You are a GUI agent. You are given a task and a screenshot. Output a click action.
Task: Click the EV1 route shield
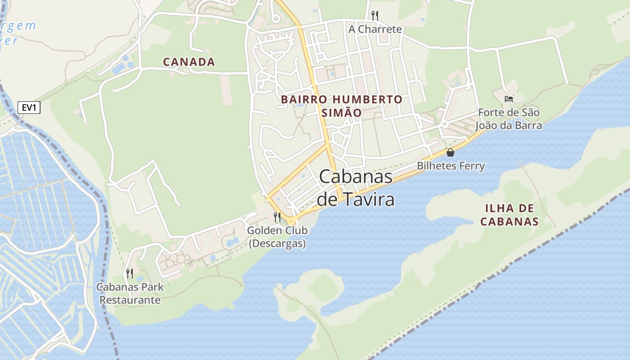pyautogui.click(x=29, y=108)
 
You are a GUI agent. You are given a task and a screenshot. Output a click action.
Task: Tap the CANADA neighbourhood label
pyautogui.click(x=189, y=62)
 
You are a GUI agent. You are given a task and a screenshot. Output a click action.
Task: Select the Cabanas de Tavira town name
pyautogui.click(x=355, y=188)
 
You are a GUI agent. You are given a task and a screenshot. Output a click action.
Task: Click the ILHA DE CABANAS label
pyautogui.click(x=509, y=215)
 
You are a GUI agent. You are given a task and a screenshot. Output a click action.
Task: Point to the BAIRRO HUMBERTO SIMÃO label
pyautogui.click(x=342, y=106)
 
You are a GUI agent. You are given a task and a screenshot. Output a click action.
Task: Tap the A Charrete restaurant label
pyautogui.click(x=375, y=29)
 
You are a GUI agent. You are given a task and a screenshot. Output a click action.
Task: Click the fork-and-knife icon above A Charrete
pyautogui.click(x=374, y=16)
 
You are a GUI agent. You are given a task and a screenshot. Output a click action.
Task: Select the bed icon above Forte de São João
pyautogui.click(x=509, y=99)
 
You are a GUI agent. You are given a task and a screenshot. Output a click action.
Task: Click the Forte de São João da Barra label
pyautogui.click(x=509, y=119)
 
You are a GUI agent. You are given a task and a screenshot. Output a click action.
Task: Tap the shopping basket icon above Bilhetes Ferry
pyautogui.click(x=450, y=153)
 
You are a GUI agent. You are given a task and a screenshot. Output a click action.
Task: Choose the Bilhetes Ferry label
pyautogui.click(x=450, y=166)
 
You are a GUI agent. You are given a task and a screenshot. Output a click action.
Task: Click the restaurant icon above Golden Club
pyautogui.click(x=277, y=217)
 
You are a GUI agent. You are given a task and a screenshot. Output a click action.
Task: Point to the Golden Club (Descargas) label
pyautogui.click(x=277, y=237)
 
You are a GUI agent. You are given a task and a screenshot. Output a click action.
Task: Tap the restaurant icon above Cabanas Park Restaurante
pyautogui.click(x=130, y=273)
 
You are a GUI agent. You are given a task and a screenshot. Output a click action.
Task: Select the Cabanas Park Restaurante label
pyautogui.click(x=130, y=293)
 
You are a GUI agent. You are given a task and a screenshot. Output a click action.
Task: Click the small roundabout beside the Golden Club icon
pyautogui.click(x=292, y=220)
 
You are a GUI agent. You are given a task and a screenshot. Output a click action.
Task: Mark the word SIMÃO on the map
pyautogui.click(x=342, y=112)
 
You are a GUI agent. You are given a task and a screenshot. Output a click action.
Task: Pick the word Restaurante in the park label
pyautogui.click(x=130, y=300)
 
